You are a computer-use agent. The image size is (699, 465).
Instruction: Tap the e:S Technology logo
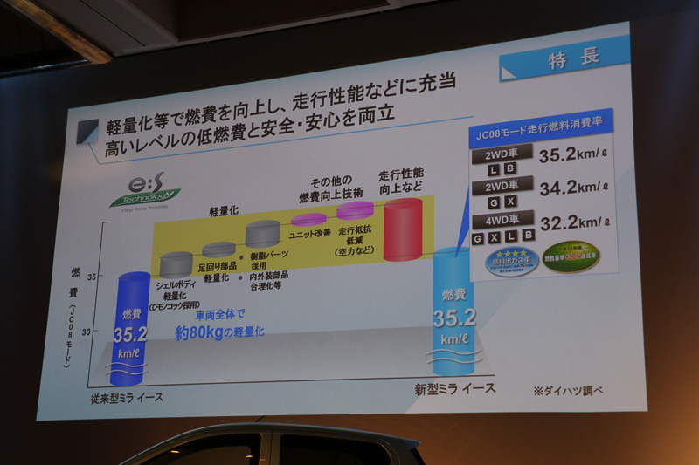coord(143,190)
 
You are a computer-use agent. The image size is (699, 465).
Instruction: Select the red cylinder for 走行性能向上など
coord(403,229)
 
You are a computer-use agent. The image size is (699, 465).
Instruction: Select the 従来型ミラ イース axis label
coord(127,398)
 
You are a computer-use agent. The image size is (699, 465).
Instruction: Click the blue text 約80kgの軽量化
coord(219,332)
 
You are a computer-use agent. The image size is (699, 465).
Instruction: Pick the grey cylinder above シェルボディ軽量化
coord(176,263)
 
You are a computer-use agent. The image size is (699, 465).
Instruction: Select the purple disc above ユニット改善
coord(308,219)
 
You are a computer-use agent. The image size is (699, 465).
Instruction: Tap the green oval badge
coord(571,256)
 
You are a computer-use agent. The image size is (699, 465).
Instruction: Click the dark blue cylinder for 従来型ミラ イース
coord(134,327)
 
